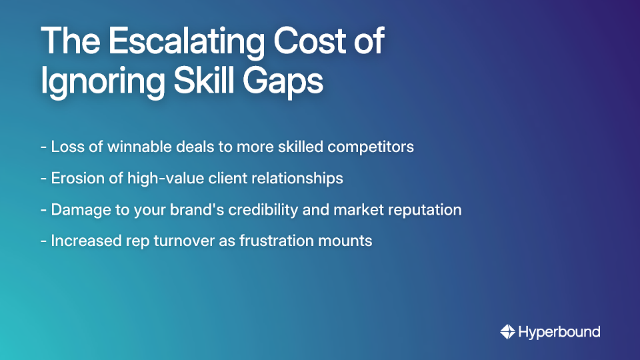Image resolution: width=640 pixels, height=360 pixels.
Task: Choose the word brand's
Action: pyautogui.click(x=200, y=209)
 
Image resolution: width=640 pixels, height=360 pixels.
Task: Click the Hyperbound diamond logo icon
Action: pyautogui.click(x=508, y=331)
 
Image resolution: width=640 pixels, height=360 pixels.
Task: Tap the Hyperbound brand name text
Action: pyautogui.click(x=559, y=331)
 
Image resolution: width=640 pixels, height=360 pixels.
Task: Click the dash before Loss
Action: pyautogui.click(x=43, y=147)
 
